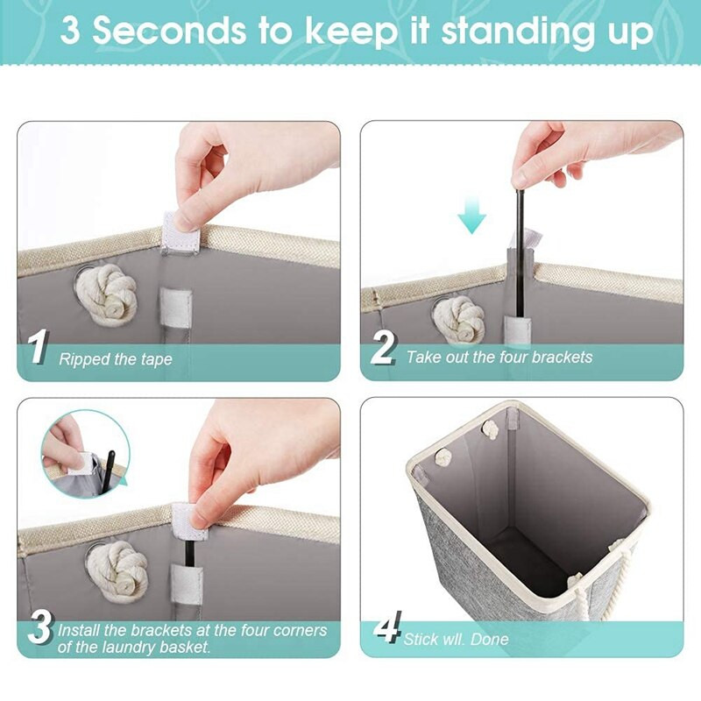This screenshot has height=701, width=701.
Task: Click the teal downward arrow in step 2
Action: pos(471,216)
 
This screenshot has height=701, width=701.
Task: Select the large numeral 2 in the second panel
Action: pos(383,348)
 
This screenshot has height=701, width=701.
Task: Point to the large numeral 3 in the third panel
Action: pos(40,627)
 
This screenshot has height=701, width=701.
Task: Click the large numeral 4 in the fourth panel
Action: pos(387,627)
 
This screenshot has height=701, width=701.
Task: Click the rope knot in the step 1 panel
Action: pos(106,294)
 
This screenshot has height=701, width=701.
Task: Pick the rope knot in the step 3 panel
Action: pos(117,570)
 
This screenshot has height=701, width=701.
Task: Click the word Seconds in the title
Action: pos(169,31)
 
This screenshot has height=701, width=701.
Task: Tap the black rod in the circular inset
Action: pos(108,472)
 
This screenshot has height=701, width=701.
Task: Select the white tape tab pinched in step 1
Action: pos(180,233)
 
